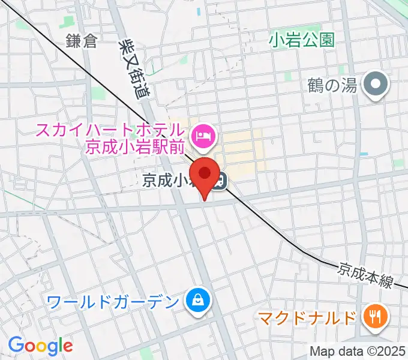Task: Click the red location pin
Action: [x=205, y=175]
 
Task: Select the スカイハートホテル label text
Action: [x=109, y=129]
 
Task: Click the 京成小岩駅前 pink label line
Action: [x=134, y=147]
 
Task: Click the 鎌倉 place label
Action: [x=82, y=41]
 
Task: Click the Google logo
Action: [x=40, y=346]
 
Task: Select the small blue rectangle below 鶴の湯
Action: [x=364, y=154]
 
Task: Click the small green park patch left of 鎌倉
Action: [x=24, y=25]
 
